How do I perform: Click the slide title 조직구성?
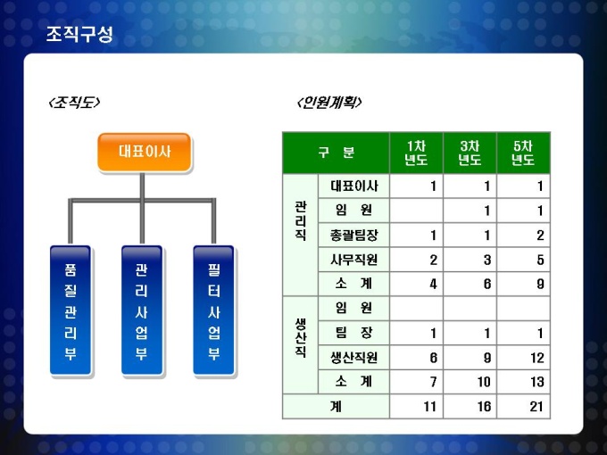pyautogui.click(x=79, y=34)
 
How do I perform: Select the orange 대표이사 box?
pyautogui.click(x=145, y=152)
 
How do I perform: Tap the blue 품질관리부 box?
pyautogui.click(x=70, y=310)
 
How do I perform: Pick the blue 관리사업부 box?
pyautogui.click(x=142, y=310)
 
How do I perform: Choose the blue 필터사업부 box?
pyautogui.click(x=213, y=310)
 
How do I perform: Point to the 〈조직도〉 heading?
pyautogui.click(x=74, y=102)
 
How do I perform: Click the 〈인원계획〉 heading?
pyautogui.click(x=329, y=102)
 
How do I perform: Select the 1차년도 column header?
pyautogui.click(x=416, y=153)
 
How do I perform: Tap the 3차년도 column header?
pyautogui.click(x=470, y=153)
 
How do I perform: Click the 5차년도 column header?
pyautogui.click(x=523, y=153)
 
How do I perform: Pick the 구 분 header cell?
pyautogui.click(x=336, y=153)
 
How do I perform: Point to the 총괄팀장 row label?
pyautogui.click(x=353, y=236)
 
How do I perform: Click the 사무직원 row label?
pyautogui.click(x=353, y=260)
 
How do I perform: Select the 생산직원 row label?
pyautogui.click(x=353, y=358)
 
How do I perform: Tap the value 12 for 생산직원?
pyautogui.click(x=537, y=358)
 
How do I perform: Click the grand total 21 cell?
pyautogui.click(x=536, y=407)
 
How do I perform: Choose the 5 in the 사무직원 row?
pyautogui.click(x=540, y=260)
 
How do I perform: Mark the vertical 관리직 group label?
pyautogui.click(x=301, y=220)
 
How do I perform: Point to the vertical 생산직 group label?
pyautogui.click(x=301, y=338)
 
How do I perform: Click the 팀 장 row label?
pyautogui.click(x=353, y=333)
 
